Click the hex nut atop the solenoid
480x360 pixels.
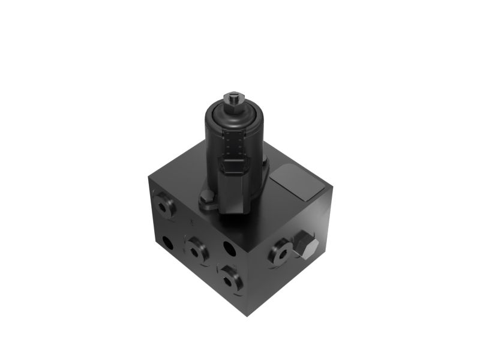(x=233, y=100)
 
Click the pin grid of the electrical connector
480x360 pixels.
(x=235, y=145)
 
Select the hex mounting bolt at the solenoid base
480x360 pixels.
(x=206, y=197)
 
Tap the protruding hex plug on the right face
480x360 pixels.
(x=306, y=247)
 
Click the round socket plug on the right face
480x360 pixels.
(x=281, y=253)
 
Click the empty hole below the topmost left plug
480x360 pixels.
(x=167, y=242)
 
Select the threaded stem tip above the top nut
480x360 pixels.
(x=233, y=94)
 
